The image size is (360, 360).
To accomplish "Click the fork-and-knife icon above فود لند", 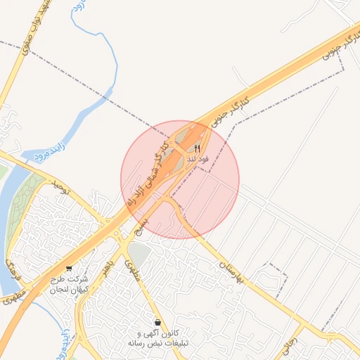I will (198, 148).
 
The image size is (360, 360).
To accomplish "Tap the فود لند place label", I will (198, 160).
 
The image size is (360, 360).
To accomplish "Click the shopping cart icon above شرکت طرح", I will (68, 268).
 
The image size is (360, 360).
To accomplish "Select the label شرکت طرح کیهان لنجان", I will (68, 284).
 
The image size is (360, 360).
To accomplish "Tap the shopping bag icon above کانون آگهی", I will (157, 322).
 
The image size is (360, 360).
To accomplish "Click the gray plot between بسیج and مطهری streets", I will (139, 255).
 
